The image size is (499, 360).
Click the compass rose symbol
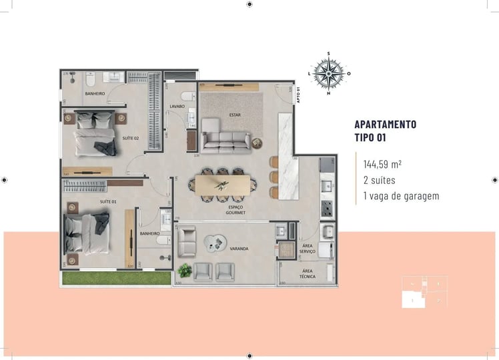(x=328, y=73)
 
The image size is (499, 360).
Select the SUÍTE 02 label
(x=131, y=138)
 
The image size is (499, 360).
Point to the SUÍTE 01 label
(x=108, y=201)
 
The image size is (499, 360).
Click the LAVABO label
(x=177, y=106)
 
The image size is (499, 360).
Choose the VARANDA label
(x=239, y=249)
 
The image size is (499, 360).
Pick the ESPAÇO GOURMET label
(x=236, y=210)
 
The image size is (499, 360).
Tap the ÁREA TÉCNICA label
(x=308, y=273)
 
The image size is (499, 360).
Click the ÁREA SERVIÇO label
(x=308, y=248)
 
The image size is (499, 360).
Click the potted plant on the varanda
(x=185, y=270)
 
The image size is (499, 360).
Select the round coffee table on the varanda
(x=217, y=246)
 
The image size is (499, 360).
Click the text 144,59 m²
(x=382, y=163)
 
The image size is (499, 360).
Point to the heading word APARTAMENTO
(x=386, y=125)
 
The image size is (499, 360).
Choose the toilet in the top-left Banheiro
(x=89, y=81)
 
